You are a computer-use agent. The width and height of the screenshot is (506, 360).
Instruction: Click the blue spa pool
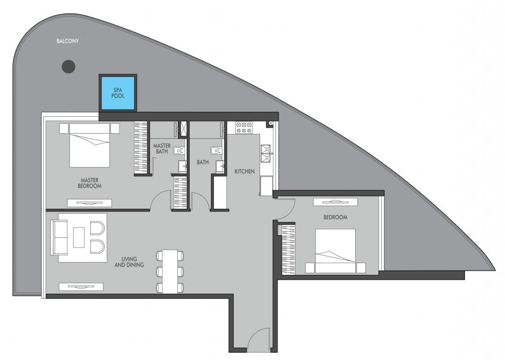(118, 93)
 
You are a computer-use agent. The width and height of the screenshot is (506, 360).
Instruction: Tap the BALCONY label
(68, 41)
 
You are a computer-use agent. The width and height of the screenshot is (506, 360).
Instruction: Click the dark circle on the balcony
(69, 66)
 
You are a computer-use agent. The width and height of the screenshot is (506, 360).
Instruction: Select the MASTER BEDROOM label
(89, 183)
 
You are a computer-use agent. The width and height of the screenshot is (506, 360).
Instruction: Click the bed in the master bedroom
(89, 146)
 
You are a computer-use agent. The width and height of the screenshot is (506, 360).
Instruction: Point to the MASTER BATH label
(162, 148)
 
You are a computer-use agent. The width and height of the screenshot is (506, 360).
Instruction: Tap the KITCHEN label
(244, 172)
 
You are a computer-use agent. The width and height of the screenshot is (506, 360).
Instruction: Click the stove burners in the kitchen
(244, 128)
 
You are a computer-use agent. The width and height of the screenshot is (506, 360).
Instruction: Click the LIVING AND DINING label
(129, 262)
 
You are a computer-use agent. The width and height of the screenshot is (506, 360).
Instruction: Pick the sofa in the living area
(59, 238)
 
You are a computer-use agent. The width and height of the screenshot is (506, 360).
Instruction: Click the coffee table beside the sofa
(79, 237)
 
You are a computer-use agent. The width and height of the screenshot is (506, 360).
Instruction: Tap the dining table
(170, 271)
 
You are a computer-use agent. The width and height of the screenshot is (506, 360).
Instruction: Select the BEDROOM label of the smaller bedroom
(335, 217)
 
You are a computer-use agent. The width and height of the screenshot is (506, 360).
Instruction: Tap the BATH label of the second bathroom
(203, 162)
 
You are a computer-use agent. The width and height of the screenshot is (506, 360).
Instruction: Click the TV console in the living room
(81, 286)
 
